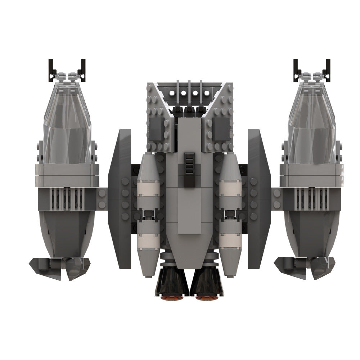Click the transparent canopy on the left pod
click(67, 122)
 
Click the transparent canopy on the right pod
click(312, 122)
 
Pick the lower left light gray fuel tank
click(148, 245)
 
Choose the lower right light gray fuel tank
click(230, 245)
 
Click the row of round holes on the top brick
click(189, 93)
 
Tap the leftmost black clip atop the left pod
click(51, 68)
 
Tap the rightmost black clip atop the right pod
click(328, 68)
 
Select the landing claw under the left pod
click(59, 266)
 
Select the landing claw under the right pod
click(304, 266)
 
